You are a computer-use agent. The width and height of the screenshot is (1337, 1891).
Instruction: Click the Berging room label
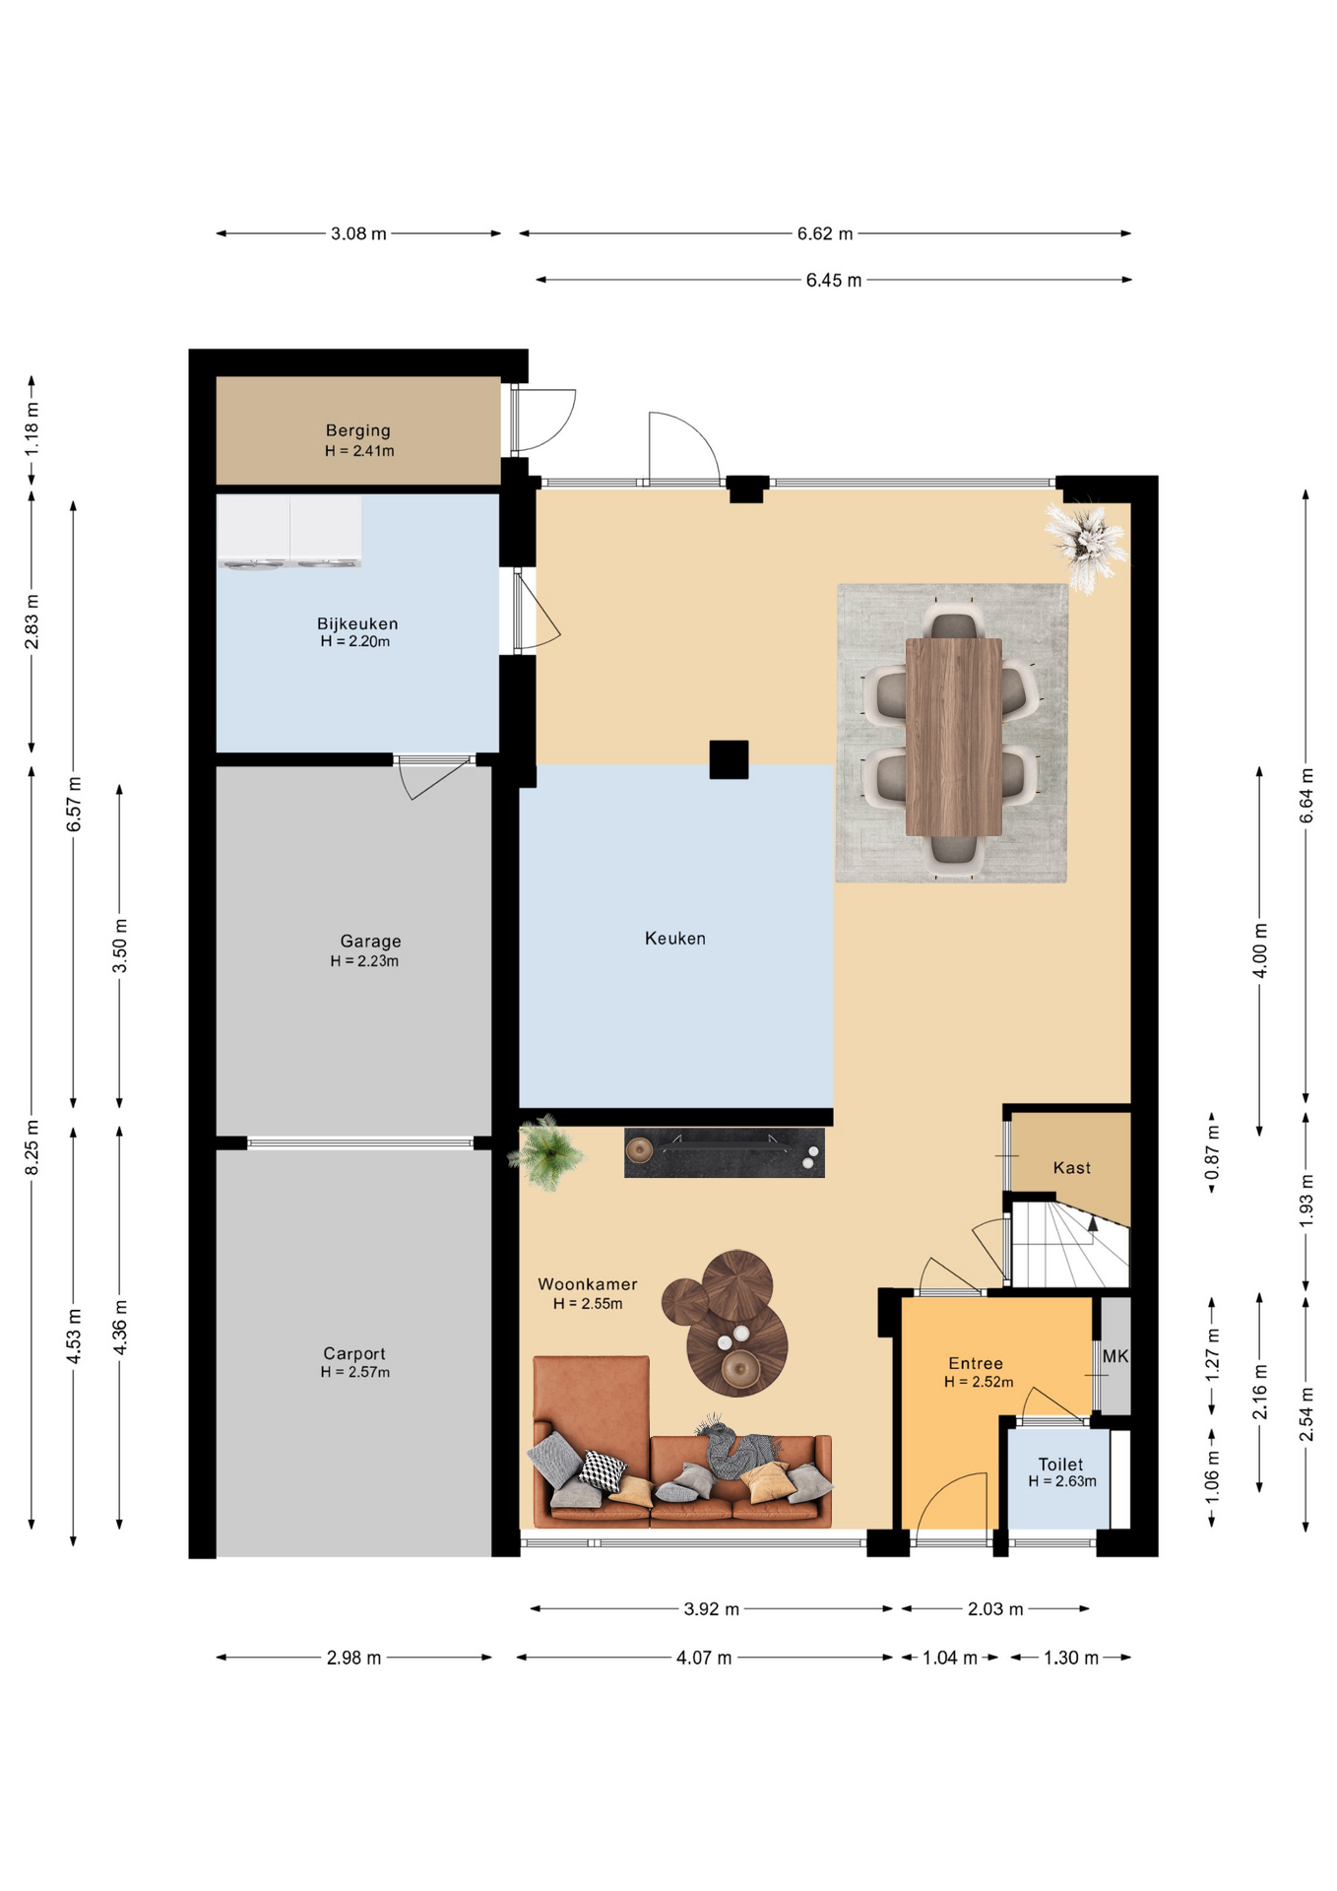[x=358, y=430]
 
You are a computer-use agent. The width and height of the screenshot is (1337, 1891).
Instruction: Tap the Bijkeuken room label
[x=357, y=623]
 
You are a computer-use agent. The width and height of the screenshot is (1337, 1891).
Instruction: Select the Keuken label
[x=675, y=939]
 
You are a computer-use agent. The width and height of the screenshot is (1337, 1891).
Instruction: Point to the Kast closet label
[x=1072, y=1168]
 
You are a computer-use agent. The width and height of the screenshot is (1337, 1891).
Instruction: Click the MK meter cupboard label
[x=1115, y=1356]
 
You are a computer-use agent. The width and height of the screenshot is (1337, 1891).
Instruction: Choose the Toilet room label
[x=1060, y=1465]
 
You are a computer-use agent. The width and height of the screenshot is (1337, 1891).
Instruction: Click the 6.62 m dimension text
[x=825, y=233]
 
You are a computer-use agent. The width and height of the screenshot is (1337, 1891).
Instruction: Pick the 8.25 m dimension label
[x=32, y=1146]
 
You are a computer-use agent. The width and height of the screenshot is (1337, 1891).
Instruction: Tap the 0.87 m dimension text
[x=1213, y=1152]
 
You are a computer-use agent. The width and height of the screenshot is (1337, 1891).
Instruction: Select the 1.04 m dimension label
[x=950, y=1658]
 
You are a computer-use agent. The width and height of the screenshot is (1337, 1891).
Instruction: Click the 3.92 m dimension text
[x=712, y=1609]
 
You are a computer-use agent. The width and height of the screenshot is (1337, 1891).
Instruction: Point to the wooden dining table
[x=954, y=737]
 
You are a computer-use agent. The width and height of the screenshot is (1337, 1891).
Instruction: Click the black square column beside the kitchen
[x=729, y=759]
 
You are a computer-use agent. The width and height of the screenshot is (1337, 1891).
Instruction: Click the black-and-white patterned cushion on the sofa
[x=602, y=1470]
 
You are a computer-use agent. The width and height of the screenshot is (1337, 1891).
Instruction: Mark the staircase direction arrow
[x=1092, y=1224]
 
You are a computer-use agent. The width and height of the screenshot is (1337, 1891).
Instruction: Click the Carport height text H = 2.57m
[x=355, y=1372]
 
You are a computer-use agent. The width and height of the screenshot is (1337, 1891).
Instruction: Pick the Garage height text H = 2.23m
[x=364, y=961]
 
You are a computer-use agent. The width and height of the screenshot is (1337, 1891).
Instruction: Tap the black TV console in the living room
[x=725, y=1152]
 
